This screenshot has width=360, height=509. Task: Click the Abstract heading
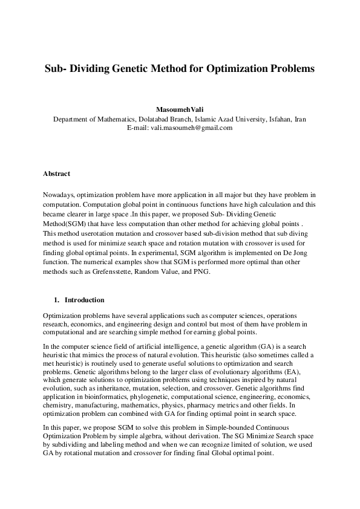click(x=56, y=173)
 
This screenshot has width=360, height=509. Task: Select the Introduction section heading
click(x=84, y=300)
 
